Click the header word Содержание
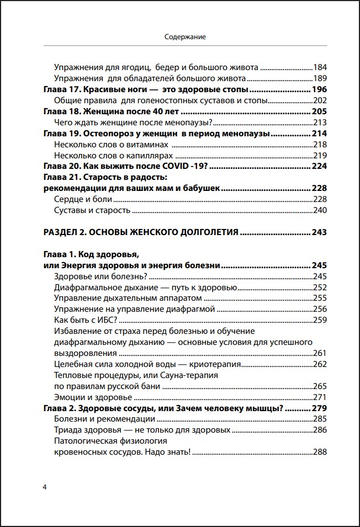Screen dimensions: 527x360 pyautogui.click(x=185, y=37)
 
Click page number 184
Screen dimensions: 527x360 pyautogui.click(x=320, y=67)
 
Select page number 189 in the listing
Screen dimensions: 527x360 pyautogui.click(x=320, y=78)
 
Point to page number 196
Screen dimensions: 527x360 pyautogui.click(x=319, y=89)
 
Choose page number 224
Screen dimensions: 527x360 pyautogui.click(x=319, y=166)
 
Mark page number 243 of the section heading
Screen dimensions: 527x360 pyautogui.click(x=319, y=232)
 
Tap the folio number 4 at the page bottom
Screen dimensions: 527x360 pyautogui.click(x=45, y=487)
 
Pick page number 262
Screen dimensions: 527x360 pyautogui.click(x=320, y=364)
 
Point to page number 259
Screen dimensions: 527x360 pyautogui.click(x=320, y=320)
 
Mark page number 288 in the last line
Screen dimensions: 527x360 pyautogui.click(x=320, y=452)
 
